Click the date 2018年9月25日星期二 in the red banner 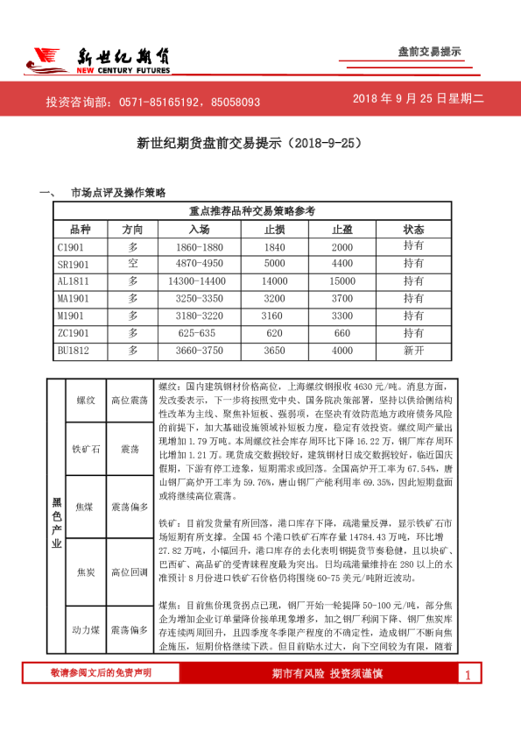click(x=419, y=100)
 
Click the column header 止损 click(x=274, y=229)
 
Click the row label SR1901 click(x=74, y=264)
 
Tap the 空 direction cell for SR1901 click(x=133, y=264)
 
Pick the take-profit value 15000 click(x=341, y=281)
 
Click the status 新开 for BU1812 click(x=414, y=351)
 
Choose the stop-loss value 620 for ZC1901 click(x=274, y=333)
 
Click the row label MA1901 click(x=74, y=299)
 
